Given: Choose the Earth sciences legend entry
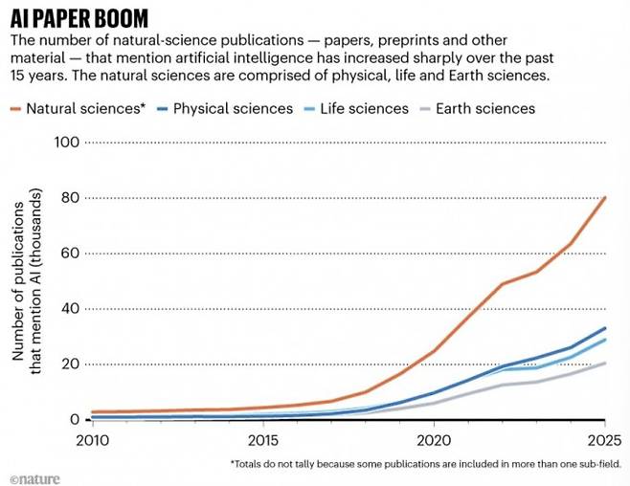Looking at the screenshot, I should [484, 109].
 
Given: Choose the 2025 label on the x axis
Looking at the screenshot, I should [604, 440].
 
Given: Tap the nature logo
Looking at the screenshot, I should [34, 475].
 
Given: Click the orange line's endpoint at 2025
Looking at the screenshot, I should [605, 197].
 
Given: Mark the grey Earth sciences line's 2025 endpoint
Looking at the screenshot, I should [605, 363].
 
